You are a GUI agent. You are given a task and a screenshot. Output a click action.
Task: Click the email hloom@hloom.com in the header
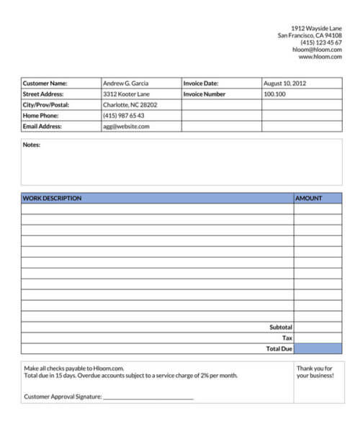pyautogui.click(x=316, y=50)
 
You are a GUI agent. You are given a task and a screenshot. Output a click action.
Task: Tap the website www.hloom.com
pyautogui.click(x=320, y=57)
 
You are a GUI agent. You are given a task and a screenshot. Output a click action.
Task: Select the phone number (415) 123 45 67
pyautogui.click(x=321, y=42)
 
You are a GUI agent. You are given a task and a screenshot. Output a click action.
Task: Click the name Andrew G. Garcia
pyautogui.click(x=126, y=83)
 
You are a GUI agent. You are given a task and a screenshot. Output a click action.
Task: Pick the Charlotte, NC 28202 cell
pyautogui.click(x=130, y=105)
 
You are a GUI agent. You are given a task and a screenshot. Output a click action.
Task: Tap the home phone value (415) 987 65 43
pyautogui.click(x=124, y=116)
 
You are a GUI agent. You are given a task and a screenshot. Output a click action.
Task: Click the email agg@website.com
pyautogui.click(x=126, y=127)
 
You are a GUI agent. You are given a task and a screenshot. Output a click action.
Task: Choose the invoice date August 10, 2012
pyautogui.click(x=285, y=83)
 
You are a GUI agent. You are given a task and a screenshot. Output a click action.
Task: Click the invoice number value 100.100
pyautogui.click(x=274, y=94)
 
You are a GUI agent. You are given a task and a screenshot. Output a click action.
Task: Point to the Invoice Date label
pyautogui.click(x=201, y=83)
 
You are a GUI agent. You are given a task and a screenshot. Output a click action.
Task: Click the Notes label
pyautogui.click(x=32, y=145)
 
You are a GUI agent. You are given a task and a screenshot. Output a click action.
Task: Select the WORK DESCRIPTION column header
pyautogui.click(x=53, y=199)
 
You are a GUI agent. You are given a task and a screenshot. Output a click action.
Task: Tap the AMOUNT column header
pyautogui.click(x=309, y=199)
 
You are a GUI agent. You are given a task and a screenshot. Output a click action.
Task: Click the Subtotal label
pyautogui.click(x=281, y=327)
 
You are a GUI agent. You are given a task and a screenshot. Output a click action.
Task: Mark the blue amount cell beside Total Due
pyautogui.click(x=318, y=348)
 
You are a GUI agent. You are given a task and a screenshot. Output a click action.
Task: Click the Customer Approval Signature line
pyautogui.click(x=148, y=396)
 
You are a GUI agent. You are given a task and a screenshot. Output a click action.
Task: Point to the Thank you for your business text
pyautogui.click(x=315, y=372)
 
